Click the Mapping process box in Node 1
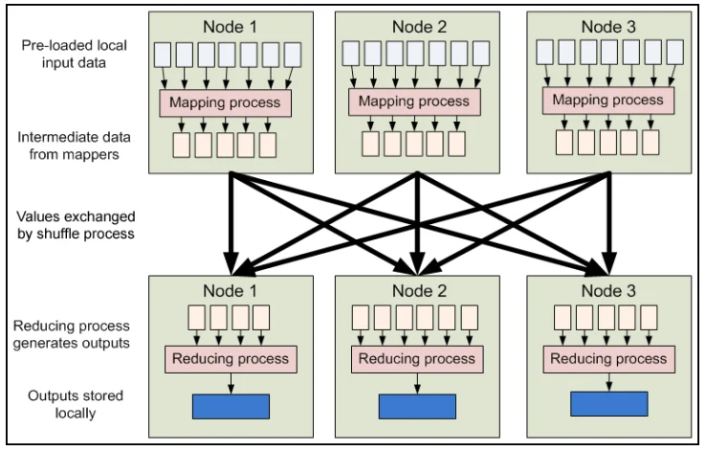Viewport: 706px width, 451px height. [225, 102]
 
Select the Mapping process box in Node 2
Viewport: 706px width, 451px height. [414, 101]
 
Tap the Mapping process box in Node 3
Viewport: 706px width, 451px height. [608, 101]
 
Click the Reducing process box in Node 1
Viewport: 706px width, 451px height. [231, 359]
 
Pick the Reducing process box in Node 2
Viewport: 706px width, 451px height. [417, 359]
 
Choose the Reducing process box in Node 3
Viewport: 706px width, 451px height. [608, 359]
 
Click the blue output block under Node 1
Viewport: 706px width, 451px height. [231, 406]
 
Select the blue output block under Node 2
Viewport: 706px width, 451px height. [417, 406]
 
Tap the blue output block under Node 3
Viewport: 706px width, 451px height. [609, 404]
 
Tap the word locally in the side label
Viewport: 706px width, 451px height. [76, 413]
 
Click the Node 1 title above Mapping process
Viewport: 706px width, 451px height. [231, 27]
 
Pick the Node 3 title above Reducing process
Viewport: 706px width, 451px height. [608, 291]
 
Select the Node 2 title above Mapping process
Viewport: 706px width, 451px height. [419, 27]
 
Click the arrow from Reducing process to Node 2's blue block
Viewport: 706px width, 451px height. [417, 383]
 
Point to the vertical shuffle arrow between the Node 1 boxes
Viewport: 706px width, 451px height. [231, 224]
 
